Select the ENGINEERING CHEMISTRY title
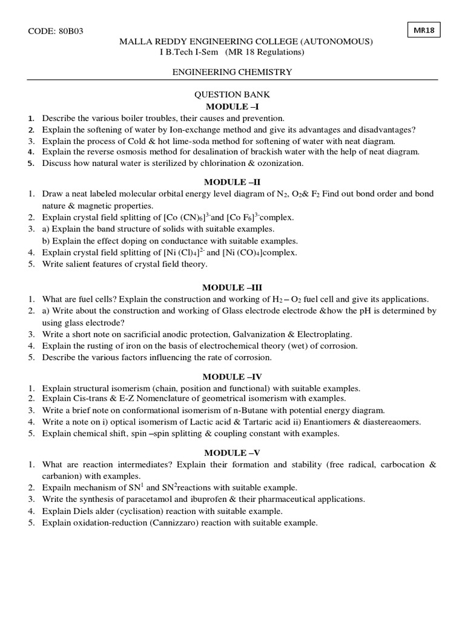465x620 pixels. click(232, 72)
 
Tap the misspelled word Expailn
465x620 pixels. click(56, 488)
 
